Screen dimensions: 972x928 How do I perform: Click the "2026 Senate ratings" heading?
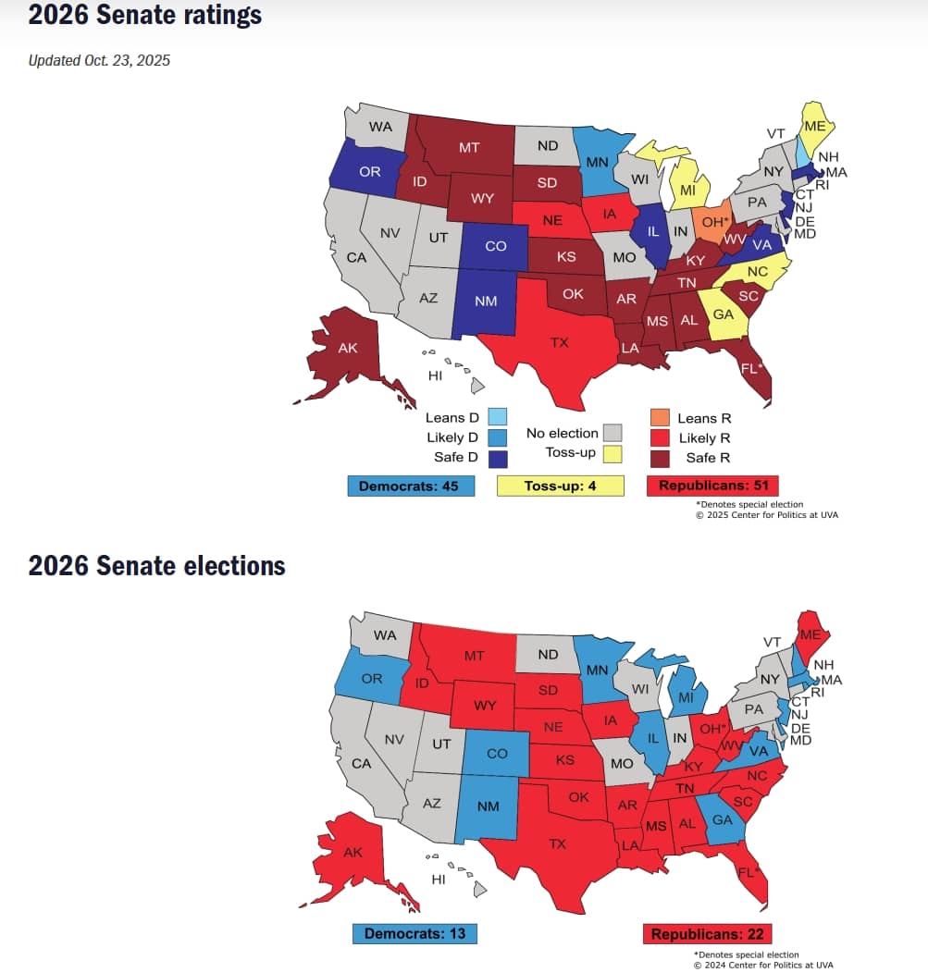click(x=144, y=16)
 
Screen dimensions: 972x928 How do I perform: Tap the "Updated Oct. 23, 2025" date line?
click(x=99, y=61)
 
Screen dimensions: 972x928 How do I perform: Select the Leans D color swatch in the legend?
click(x=498, y=418)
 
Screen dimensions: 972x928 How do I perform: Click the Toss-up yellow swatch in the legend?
click(x=612, y=453)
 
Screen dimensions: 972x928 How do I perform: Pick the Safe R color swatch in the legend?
click(x=660, y=457)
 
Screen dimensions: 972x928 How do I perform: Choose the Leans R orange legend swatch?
click(x=660, y=418)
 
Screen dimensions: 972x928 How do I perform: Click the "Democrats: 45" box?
click(x=411, y=486)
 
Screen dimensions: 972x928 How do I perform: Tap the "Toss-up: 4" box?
click(x=561, y=486)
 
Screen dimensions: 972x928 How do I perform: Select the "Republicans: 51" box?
click(x=712, y=486)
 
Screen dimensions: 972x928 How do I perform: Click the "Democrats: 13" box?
click(x=415, y=933)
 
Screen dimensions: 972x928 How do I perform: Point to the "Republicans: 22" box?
click(x=708, y=933)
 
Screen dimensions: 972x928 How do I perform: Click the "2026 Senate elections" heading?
click(x=156, y=566)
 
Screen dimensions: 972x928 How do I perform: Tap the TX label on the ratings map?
click(x=559, y=342)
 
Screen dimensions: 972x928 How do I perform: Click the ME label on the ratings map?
click(x=815, y=127)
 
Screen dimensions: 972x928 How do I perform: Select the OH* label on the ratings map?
click(x=714, y=222)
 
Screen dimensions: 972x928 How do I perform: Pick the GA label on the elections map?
click(x=722, y=819)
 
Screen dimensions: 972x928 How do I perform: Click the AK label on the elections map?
click(x=353, y=852)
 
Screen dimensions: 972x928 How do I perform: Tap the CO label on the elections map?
click(x=497, y=753)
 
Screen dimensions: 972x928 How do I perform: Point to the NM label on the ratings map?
click(x=487, y=301)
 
